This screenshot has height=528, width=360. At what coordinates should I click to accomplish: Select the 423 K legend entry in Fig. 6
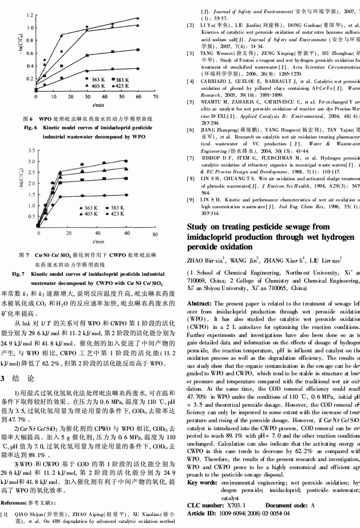[x=124, y=85]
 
